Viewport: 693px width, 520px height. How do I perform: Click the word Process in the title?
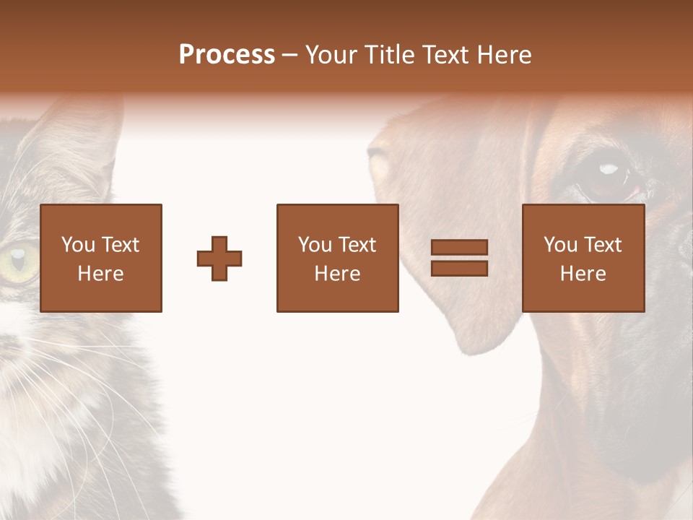[x=227, y=55]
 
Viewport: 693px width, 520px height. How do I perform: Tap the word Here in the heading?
[x=502, y=55]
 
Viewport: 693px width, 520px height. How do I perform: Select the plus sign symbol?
[x=219, y=259]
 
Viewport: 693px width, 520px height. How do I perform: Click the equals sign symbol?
[x=459, y=259]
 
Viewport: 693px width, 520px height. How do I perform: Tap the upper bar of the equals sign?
[x=459, y=248]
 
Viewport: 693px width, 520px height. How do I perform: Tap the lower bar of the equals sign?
[x=459, y=269]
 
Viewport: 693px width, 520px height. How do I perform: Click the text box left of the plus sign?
[x=101, y=259]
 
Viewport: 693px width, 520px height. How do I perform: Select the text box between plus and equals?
[x=338, y=259]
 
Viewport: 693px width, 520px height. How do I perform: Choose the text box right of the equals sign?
[x=583, y=259]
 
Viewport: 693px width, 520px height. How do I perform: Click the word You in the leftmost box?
[x=77, y=245]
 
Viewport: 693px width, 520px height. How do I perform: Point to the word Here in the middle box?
[x=338, y=274]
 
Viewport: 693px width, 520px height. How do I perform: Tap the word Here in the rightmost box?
[x=583, y=274]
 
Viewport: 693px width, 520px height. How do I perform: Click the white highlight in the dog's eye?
[x=609, y=169]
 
